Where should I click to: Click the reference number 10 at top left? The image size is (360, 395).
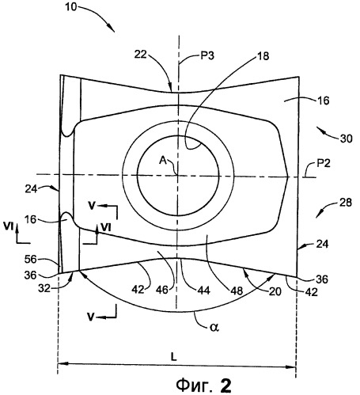pos(70,7)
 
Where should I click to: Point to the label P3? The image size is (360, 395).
pos(207,56)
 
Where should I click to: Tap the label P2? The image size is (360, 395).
pos(323,164)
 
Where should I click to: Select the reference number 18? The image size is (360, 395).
pos(263,56)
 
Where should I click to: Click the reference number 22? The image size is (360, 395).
pos(141,55)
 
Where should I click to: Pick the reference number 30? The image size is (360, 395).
pos(346,139)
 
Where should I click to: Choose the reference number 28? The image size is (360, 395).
pos(345,203)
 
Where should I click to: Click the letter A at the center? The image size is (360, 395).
pos(163,161)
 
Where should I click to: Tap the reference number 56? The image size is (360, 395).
pos(30,260)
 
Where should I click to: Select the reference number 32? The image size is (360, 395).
pos(44,288)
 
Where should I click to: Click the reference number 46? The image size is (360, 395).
pos(162,290)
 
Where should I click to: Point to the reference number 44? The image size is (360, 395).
pos(203,291)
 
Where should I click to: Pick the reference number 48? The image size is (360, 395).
pos(237,291)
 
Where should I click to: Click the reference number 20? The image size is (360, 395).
pos(275,291)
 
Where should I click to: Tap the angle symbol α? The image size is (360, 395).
pos(214,327)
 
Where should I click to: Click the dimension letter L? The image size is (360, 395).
pos(173,357)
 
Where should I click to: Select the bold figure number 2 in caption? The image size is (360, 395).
pos(225,386)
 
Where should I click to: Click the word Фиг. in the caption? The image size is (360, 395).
pos(194,386)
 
